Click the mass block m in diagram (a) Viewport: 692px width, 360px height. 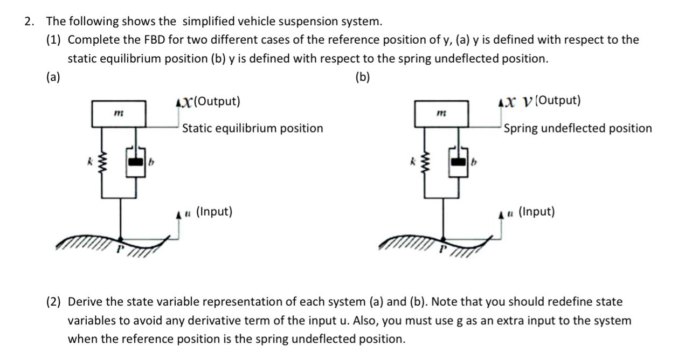(119, 113)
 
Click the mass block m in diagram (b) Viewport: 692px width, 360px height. (441, 113)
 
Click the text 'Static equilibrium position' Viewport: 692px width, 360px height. (252, 128)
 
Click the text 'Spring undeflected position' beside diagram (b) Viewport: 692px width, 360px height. (577, 128)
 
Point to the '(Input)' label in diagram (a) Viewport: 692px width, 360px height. (214, 212)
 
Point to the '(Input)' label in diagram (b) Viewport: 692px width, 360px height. (536, 212)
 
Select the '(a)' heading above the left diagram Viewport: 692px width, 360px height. (53, 77)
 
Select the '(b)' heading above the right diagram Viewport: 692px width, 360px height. (363, 77)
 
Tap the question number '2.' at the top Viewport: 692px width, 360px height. (30, 22)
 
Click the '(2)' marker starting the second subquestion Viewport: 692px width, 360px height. (54, 302)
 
